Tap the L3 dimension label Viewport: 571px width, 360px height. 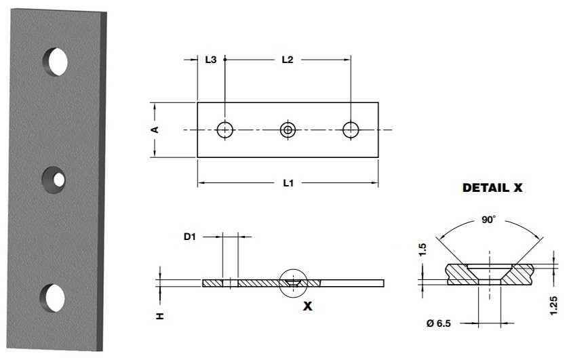(x=210, y=60)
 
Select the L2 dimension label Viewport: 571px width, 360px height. (x=287, y=60)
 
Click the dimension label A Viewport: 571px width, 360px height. (x=155, y=129)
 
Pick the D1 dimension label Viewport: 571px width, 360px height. (x=191, y=237)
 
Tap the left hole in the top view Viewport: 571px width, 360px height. (x=224, y=129)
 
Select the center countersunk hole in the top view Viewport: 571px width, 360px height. (x=288, y=129)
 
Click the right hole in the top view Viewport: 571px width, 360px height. (x=351, y=129)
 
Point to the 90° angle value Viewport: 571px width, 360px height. (x=489, y=220)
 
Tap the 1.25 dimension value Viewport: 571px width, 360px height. (x=554, y=305)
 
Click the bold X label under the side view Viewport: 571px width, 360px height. (x=307, y=306)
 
